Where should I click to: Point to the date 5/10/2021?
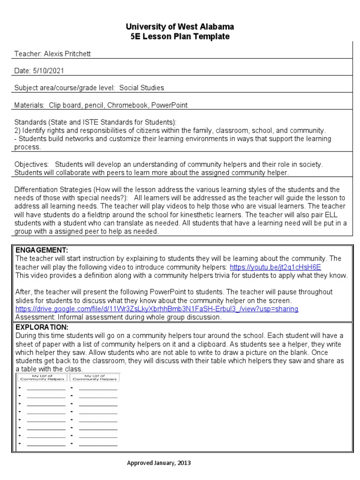click(48, 71)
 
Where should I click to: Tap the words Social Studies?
click(142, 88)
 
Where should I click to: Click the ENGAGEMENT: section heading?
click(42, 250)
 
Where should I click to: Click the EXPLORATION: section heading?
click(42, 327)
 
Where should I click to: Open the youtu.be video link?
click(275, 267)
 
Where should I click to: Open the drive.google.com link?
click(157, 309)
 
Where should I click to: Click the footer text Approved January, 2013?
click(159, 463)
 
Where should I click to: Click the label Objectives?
click(31, 165)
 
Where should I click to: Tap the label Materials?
click(29, 105)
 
